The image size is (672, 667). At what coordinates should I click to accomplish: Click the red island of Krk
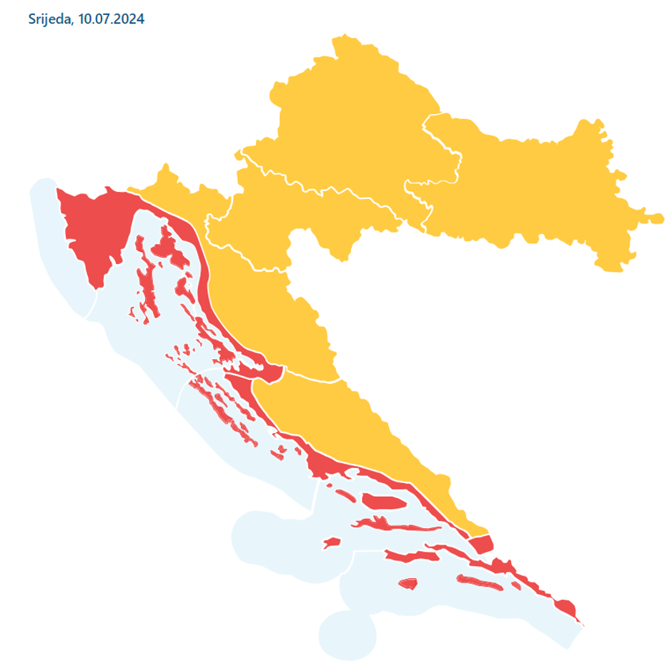169,246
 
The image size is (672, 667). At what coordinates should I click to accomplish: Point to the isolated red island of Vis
331,543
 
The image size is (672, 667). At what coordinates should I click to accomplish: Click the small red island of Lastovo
407,583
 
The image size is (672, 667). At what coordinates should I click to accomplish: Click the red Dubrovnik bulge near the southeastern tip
565,608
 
